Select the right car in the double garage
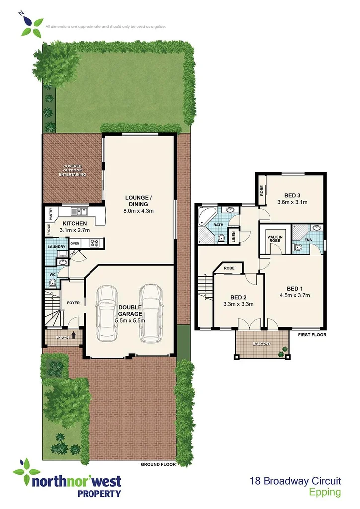pyautogui.click(x=150, y=313)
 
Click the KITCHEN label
pyautogui.click(x=75, y=224)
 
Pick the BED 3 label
pyautogui.click(x=293, y=195)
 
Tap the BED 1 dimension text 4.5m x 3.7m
pyautogui.click(x=295, y=295)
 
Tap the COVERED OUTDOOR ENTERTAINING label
pyautogui.click(x=72, y=170)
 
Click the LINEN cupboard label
pyautogui.click(x=234, y=237)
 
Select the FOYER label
pyautogui.click(x=73, y=303)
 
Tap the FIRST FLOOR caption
pyautogui.click(x=312, y=335)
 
